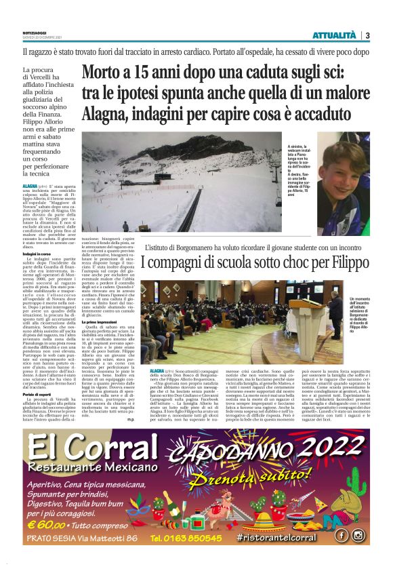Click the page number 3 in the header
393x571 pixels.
point(367,35)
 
